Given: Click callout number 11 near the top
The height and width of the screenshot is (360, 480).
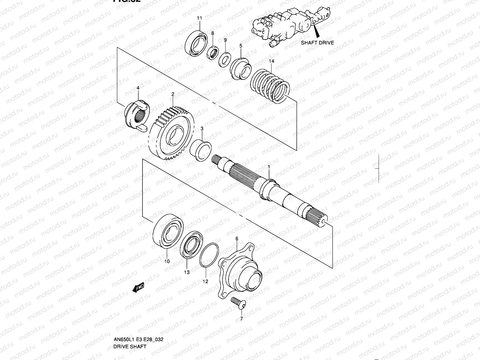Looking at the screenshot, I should [199, 18].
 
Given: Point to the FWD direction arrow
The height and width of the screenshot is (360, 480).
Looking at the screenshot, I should [138, 288].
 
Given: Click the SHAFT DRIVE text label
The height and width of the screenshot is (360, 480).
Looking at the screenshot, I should [317, 43].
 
